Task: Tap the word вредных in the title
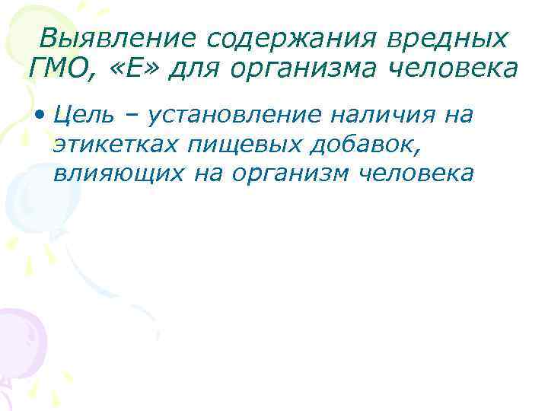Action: [441, 38]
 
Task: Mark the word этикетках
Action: [113, 145]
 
